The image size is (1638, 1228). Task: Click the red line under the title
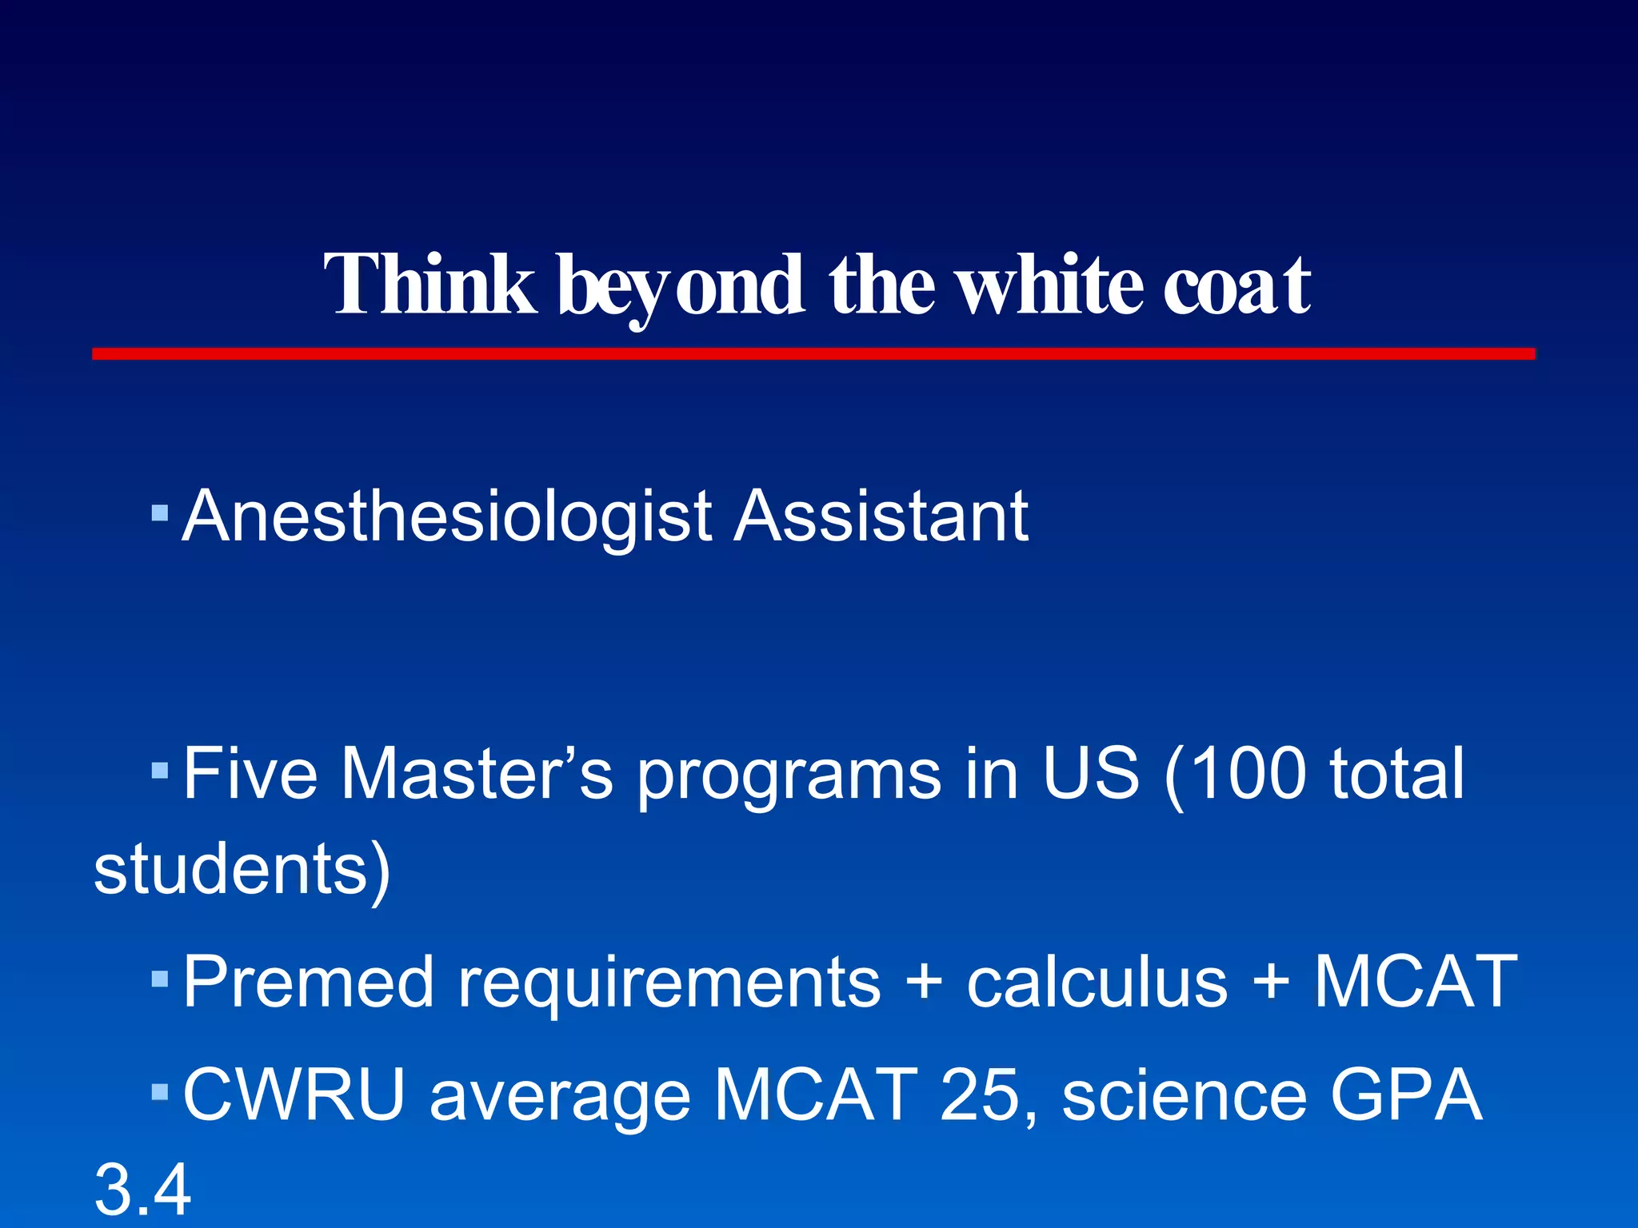pyautogui.click(x=813, y=354)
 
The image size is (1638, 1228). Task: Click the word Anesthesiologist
pyautogui.click(x=448, y=517)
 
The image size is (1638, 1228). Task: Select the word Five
pyautogui.click(x=250, y=773)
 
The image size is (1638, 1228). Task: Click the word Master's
pyautogui.click(x=477, y=773)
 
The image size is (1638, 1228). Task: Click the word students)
pyautogui.click(x=242, y=870)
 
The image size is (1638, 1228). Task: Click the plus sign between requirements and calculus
pyautogui.click(x=925, y=982)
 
